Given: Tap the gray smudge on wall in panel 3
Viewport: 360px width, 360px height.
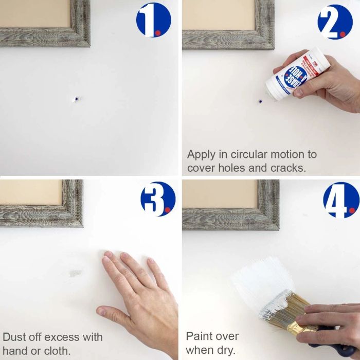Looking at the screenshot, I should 75,273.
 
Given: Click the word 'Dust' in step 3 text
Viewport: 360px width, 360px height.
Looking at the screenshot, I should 14,337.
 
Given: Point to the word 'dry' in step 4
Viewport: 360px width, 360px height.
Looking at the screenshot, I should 226,350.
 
